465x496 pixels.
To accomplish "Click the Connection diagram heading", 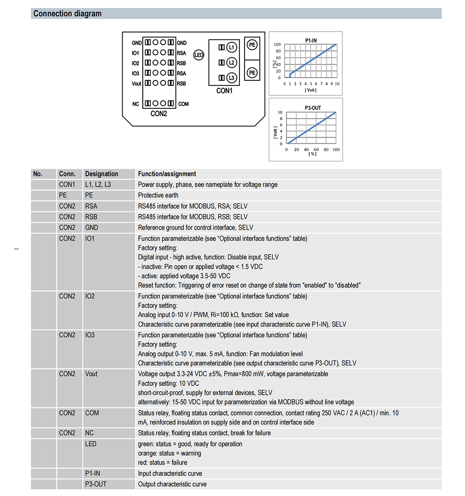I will pyautogui.click(x=67, y=13).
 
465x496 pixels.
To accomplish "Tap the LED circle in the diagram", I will pyautogui.click(x=199, y=55).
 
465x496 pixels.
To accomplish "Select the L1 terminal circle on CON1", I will pyautogui.click(x=232, y=47).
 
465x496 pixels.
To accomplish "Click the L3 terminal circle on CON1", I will pyautogui.click(x=232, y=78).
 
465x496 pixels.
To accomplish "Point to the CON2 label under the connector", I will pyautogui.click(x=159, y=114).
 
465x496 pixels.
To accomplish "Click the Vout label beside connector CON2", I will pyautogui.click(x=136, y=84).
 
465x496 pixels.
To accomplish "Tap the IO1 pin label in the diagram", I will pyautogui.click(x=135, y=53).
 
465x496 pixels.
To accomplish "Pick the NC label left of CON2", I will pyautogui.click(x=136, y=104).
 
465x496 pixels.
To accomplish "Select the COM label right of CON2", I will pyautogui.click(x=183, y=104).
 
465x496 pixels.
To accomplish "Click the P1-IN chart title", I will pyautogui.click(x=311, y=40).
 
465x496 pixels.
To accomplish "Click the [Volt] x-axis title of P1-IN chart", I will pyautogui.click(x=311, y=90).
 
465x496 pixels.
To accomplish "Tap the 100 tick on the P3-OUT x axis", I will pyautogui.click(x=336, y=150).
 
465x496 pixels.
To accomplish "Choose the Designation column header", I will pyautogui.click(x=101, y=174).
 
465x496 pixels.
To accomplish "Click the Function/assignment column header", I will pyautogui.click(x=167, y=174).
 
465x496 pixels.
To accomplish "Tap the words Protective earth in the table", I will pyautogui.click(x=158, y=195).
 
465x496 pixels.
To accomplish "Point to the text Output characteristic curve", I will pyautogui.click(x=172, y=484).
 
